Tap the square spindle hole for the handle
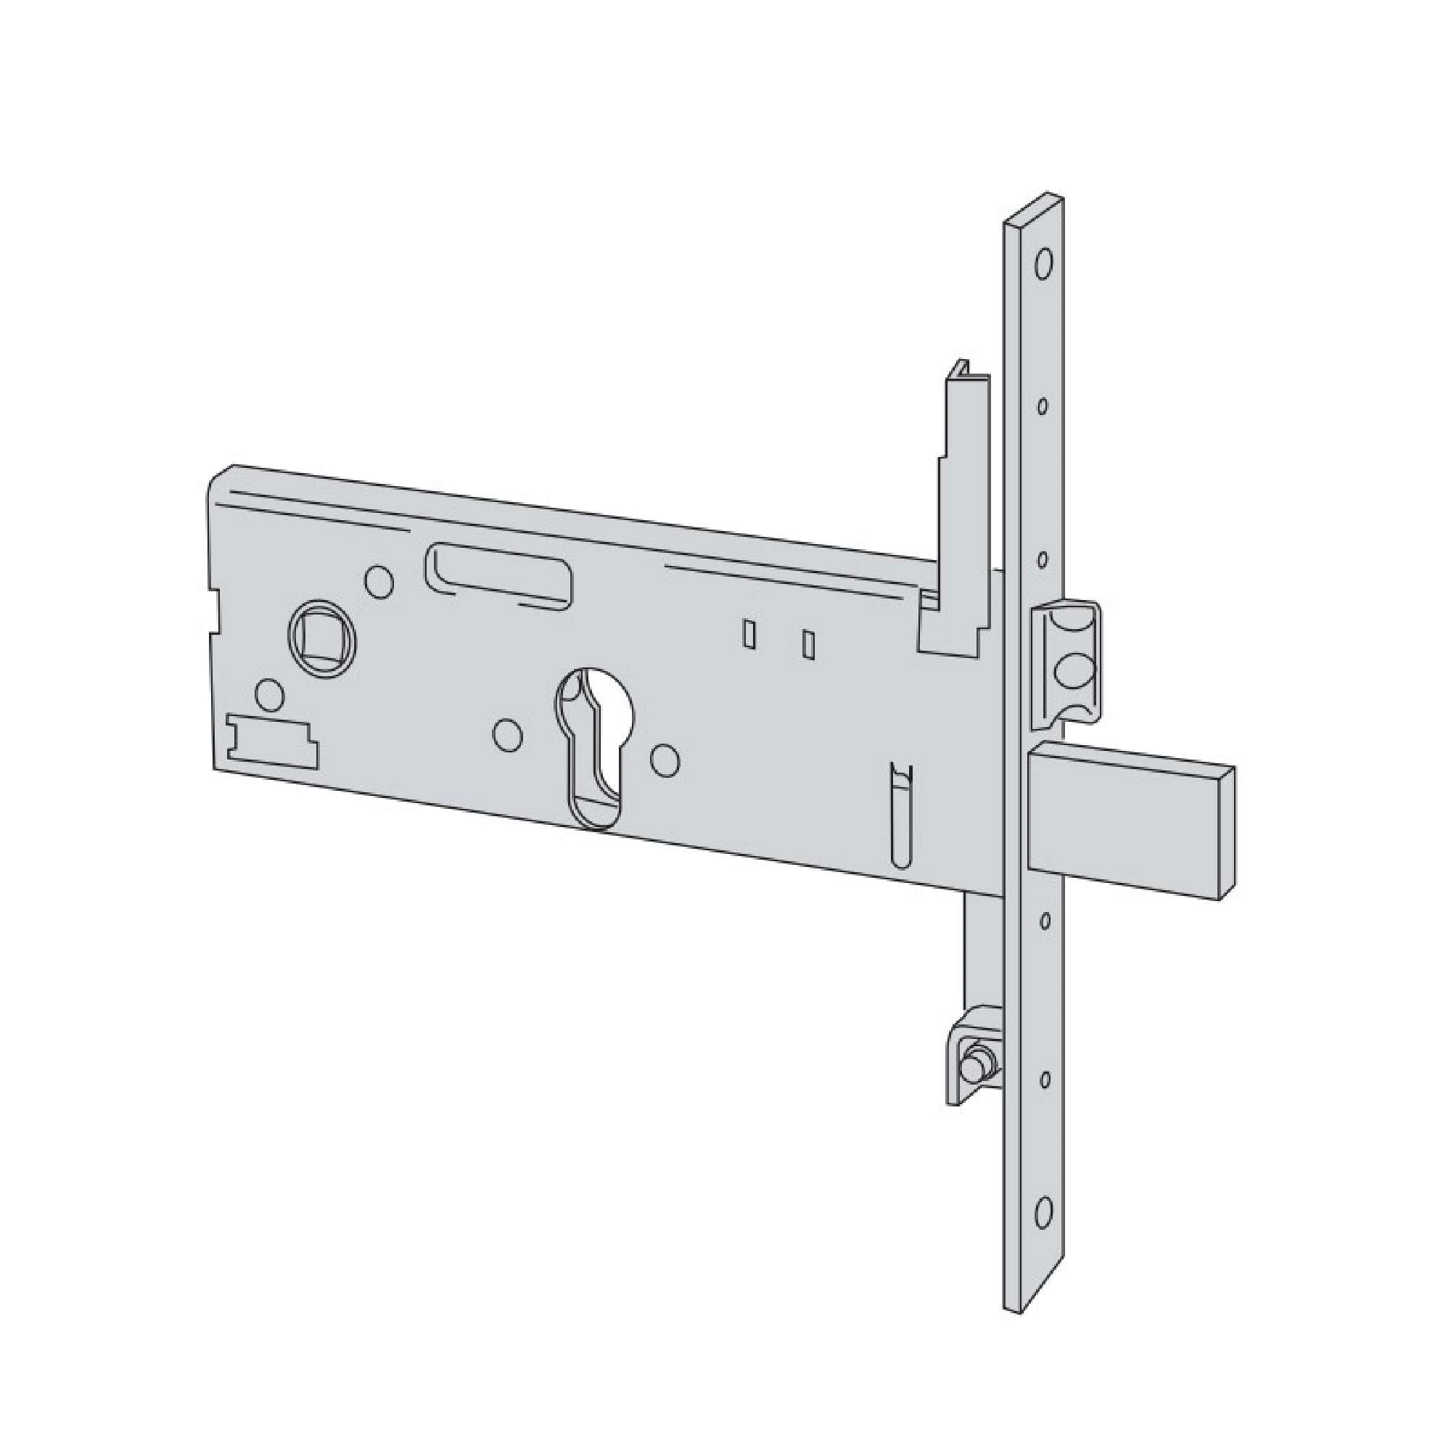point(322,636)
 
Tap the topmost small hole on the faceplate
point(1043,406)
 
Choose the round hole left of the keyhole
point(509,736)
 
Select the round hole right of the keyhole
point(665,760)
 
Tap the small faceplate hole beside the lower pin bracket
point(1043,1080)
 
